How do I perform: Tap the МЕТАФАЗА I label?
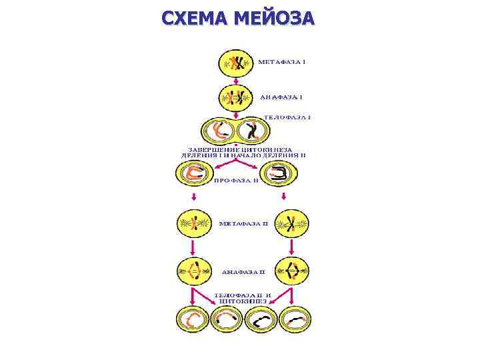(281, 62)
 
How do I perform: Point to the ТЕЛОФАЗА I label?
(287, 117)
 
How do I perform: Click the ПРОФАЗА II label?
(235, 180)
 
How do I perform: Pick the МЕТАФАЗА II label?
(243, 223)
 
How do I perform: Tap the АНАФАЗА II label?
(243, 272)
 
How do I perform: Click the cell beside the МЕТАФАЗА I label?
(236, 63)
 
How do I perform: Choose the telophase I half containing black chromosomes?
(251, 131)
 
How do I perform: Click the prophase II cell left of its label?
(193, 174)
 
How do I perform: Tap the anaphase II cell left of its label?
(194, 272)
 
